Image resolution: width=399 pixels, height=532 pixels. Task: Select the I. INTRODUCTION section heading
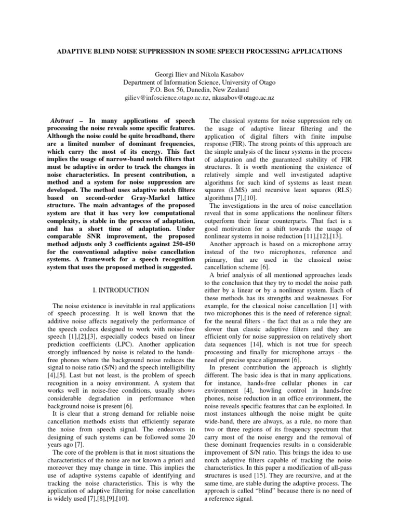[119, 289]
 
